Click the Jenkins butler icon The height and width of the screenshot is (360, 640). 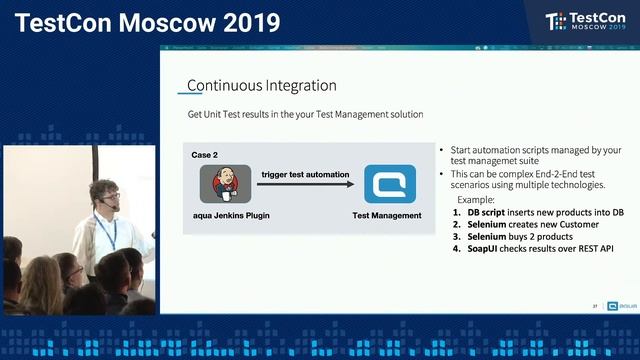click(x=224, y=185)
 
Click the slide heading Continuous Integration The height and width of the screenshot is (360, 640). click(x=262, y=86)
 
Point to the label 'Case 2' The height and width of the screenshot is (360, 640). click(x=206, y=156)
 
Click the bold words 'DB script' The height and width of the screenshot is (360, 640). click(x=487, y=212)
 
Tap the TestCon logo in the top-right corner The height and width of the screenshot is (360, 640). click(x=583, y=22)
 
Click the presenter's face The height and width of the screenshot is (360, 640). click(x=104, y=196)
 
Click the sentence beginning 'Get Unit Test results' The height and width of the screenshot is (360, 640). click(x=305, y=115)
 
